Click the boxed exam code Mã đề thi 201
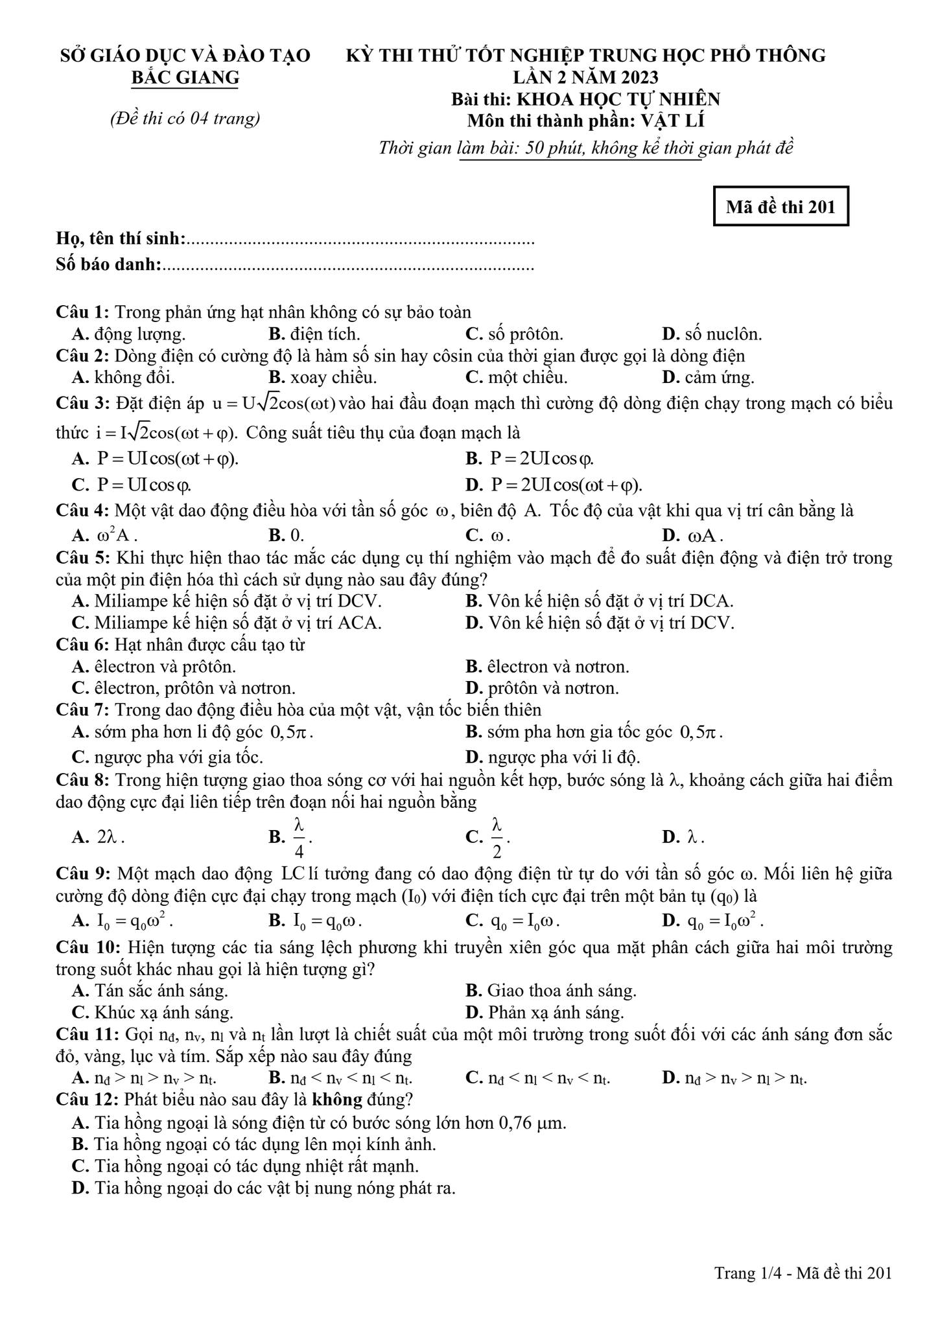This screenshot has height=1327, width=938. click(780, 207)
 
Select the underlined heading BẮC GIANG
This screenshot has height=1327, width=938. click(185, 78)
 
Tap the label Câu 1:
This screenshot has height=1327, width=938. click(82, 312)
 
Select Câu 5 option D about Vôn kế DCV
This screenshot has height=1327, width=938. click(600, 623)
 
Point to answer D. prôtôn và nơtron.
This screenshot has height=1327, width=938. click(542, 687)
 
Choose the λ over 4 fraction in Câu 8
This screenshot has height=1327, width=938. click(299, 837)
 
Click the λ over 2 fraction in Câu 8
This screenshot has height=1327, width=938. click(497, 837)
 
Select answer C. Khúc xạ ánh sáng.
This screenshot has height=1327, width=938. click(153, 1012)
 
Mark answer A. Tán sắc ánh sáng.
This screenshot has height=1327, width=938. click(150, 991)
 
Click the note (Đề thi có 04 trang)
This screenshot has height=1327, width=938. click(185, 118)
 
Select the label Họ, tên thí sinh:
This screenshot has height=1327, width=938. click(121, 239)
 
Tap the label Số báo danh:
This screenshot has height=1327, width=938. click(109, 264)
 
